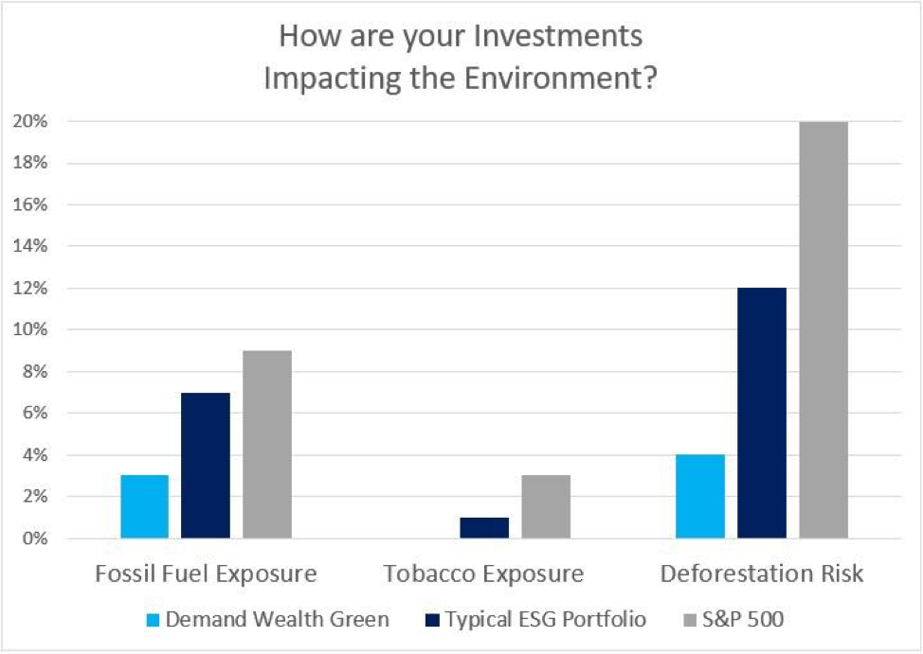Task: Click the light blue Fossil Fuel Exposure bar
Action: point(145,506)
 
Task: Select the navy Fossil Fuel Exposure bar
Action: point(206,466)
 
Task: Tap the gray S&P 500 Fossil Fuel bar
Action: point(267,444)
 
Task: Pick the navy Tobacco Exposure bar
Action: point(484,527)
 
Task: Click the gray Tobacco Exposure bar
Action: point(546,506)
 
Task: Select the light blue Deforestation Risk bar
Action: point(700,496)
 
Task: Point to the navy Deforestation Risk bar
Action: point(762,413)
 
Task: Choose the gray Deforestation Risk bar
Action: point(823,330)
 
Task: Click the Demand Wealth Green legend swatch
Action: point(154,620)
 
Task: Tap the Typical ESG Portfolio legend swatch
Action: point(432,620)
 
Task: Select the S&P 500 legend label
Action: point(743,619)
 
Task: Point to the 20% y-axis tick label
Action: point(30,121)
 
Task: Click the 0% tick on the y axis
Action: point(34,539)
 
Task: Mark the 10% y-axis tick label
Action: point(30,329)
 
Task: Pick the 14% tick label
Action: point(30,246)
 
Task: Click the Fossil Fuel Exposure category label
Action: point(206,574)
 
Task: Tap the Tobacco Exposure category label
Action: point(483,574)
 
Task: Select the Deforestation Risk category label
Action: point(762,574)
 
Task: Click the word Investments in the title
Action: point(558,36)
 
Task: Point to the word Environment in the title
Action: point(560,79)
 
